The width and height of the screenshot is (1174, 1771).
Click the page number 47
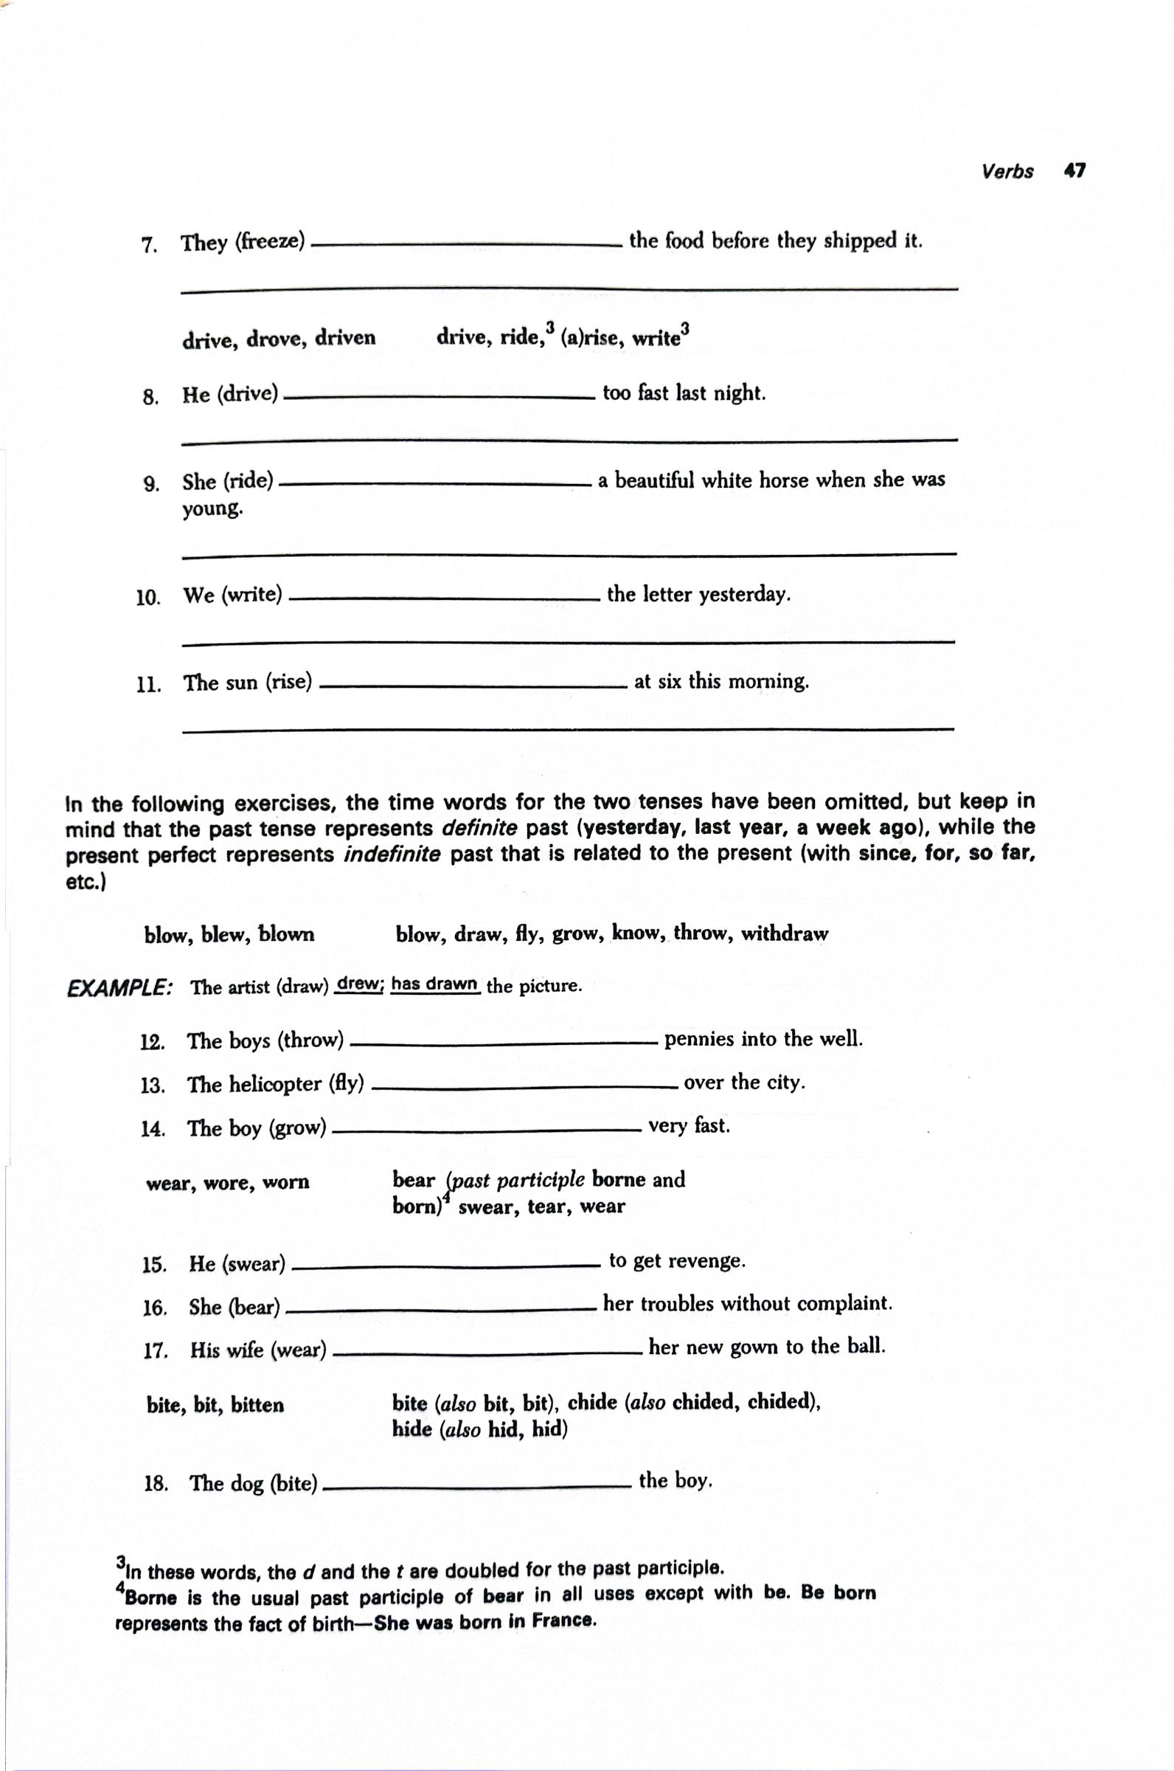[1074, 170]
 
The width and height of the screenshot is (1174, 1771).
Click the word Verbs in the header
[1007, 171]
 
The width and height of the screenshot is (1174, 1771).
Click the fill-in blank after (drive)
[440, 398]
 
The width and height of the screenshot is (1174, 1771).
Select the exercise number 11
[149, 684]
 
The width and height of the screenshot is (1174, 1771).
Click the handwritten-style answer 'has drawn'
[434, 984]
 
